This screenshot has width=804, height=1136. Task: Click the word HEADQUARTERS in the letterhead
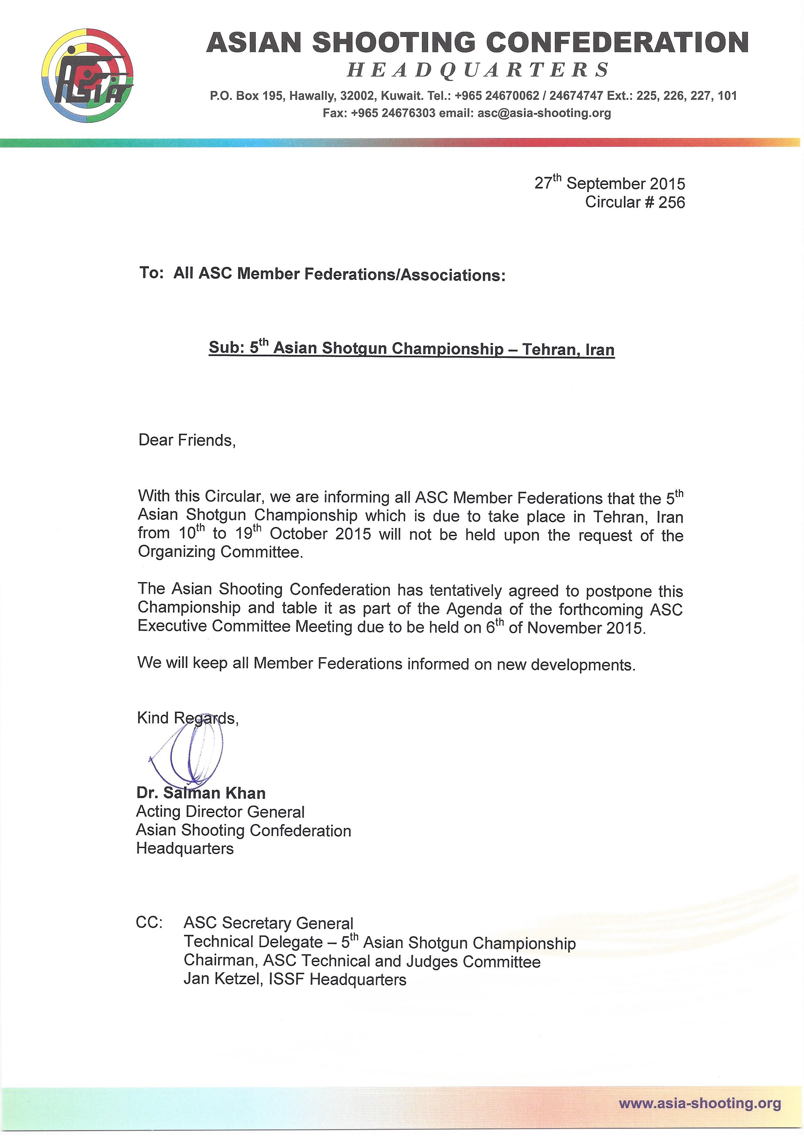[478, 70]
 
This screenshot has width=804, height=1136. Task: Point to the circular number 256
[671, 202]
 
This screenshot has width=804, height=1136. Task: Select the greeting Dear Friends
[187, 440]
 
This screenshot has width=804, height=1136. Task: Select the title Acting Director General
[220, 812]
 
